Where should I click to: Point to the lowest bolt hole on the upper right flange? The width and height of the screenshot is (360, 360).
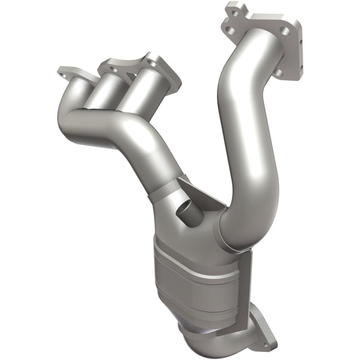click(294, 67)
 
